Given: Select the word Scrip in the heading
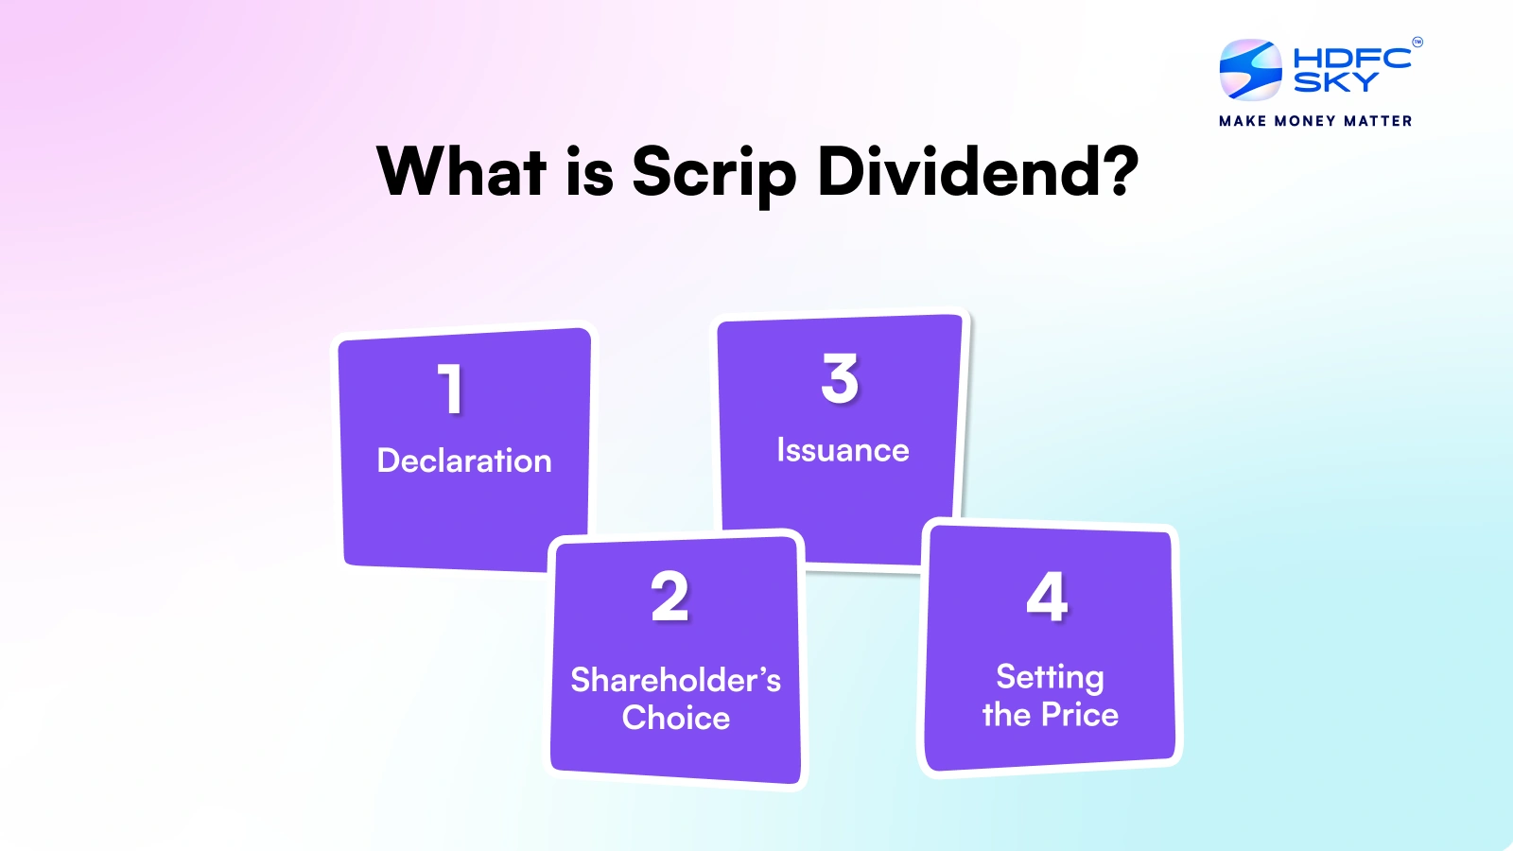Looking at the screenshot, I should (714, 174).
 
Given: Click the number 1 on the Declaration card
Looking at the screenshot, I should (451, 389).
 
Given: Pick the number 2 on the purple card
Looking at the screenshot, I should (670, 597).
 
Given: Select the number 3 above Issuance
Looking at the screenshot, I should (840, 378).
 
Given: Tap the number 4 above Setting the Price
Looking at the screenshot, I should (1048, 597).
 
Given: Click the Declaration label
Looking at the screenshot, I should (464, 460).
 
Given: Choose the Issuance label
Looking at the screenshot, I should (843, 450).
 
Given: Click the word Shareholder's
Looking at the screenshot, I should (675, 680).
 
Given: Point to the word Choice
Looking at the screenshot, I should (675, 718).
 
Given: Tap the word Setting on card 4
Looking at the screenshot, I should (1050, 677).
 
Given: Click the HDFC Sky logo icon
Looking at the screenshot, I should (1250, 70).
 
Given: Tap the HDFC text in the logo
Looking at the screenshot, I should (1351, 59).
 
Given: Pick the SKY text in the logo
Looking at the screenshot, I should (1335, 83).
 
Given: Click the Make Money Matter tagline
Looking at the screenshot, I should (1315, 121).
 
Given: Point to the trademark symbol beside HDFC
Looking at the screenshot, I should (1417, 42).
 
